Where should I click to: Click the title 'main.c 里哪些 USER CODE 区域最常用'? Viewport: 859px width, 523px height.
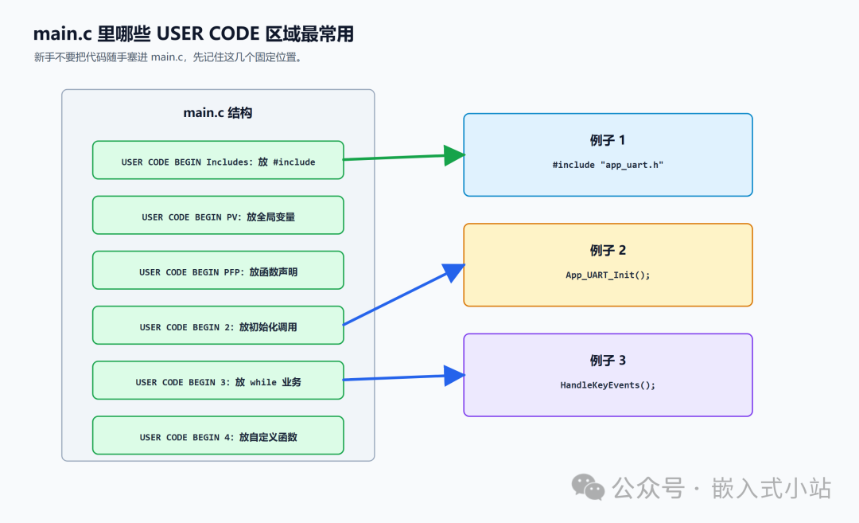(193, 34)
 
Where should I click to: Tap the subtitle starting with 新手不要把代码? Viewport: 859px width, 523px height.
(168, 57)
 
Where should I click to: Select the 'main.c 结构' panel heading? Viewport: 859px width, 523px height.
(217, 113)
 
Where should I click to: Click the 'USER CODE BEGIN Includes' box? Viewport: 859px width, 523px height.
(218, 160)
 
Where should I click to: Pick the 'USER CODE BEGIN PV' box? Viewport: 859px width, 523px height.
(218, 215)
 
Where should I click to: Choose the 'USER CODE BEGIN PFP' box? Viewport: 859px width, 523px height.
(218, 271)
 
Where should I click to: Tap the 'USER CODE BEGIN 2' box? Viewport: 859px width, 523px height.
(218, 325)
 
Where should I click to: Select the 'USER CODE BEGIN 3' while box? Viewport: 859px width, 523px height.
(218, 380)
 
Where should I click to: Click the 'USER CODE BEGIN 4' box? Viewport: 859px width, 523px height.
(218, 435)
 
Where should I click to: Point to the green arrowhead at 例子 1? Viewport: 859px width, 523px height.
(454, 155)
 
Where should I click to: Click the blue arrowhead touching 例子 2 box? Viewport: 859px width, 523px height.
(454, 272)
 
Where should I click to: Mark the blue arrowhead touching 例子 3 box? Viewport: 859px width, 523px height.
(454, 376)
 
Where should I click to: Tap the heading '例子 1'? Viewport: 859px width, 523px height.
(608, 140)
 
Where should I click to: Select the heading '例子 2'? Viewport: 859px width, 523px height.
(608, 251)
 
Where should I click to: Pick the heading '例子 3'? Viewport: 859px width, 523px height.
(608, 360)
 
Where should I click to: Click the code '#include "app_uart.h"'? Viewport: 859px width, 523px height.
(608, 165)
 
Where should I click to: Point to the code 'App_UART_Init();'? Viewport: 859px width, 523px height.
(608, 275)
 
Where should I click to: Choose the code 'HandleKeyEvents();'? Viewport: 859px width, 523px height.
(608, 384)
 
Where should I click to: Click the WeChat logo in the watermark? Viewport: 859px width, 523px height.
(588, 487)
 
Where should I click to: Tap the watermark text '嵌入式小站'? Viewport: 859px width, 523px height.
(772, 488)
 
